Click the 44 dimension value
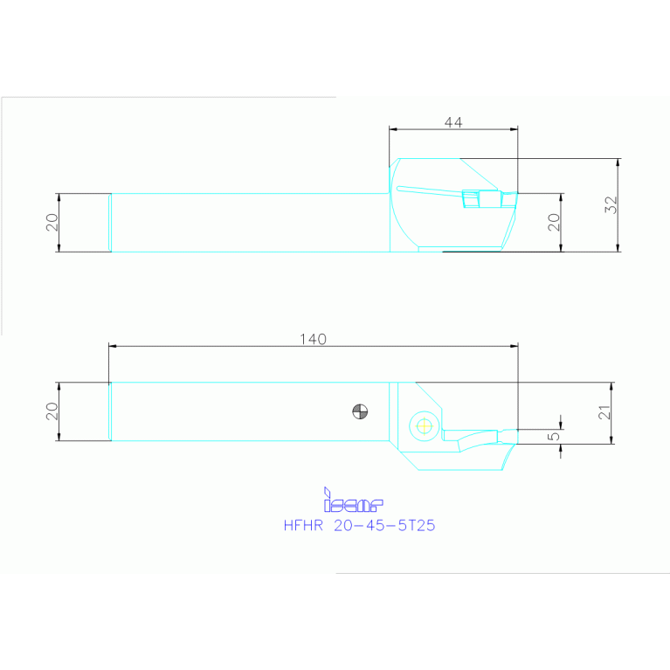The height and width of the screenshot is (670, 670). [452, 122]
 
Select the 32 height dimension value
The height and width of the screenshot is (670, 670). [611, 204]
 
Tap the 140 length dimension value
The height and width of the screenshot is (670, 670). [313, 340]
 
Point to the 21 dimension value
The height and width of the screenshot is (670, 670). [604, 412]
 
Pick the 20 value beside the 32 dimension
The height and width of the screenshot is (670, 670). [553, 222]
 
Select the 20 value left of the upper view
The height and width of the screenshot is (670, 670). [52, 222]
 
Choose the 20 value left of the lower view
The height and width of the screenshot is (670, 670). [52, 411]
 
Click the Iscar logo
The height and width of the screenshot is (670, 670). [353, 501]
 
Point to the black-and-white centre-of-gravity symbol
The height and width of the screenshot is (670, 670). [358, 410]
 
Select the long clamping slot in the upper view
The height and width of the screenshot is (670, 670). [428, 190]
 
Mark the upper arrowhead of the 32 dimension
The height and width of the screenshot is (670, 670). [618, 162]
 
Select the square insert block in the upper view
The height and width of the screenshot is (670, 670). [471, 200]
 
